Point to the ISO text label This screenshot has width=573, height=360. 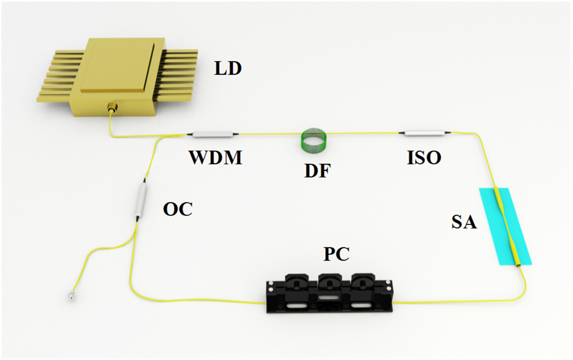click(424, 158)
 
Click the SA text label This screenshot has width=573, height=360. click(463, 223)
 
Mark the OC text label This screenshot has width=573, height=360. click(178, 210)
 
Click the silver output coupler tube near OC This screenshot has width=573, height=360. click(142, 201)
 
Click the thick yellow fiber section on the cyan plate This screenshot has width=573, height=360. click(511, 228)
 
